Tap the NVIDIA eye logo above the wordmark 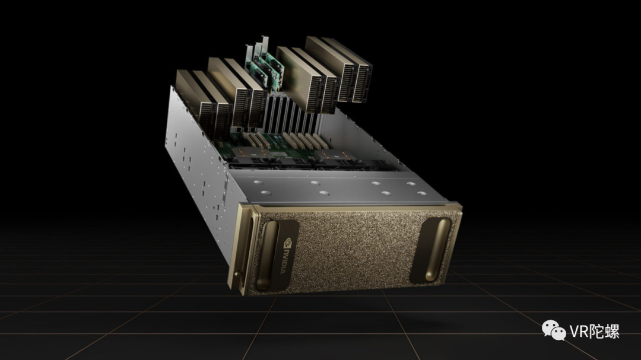[x=287, y=241]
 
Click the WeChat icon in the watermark [x=554, y=330]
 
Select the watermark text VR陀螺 [x=594, y=332]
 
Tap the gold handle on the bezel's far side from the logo [x=438, y=250]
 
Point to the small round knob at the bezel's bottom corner [x=237, y=273]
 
